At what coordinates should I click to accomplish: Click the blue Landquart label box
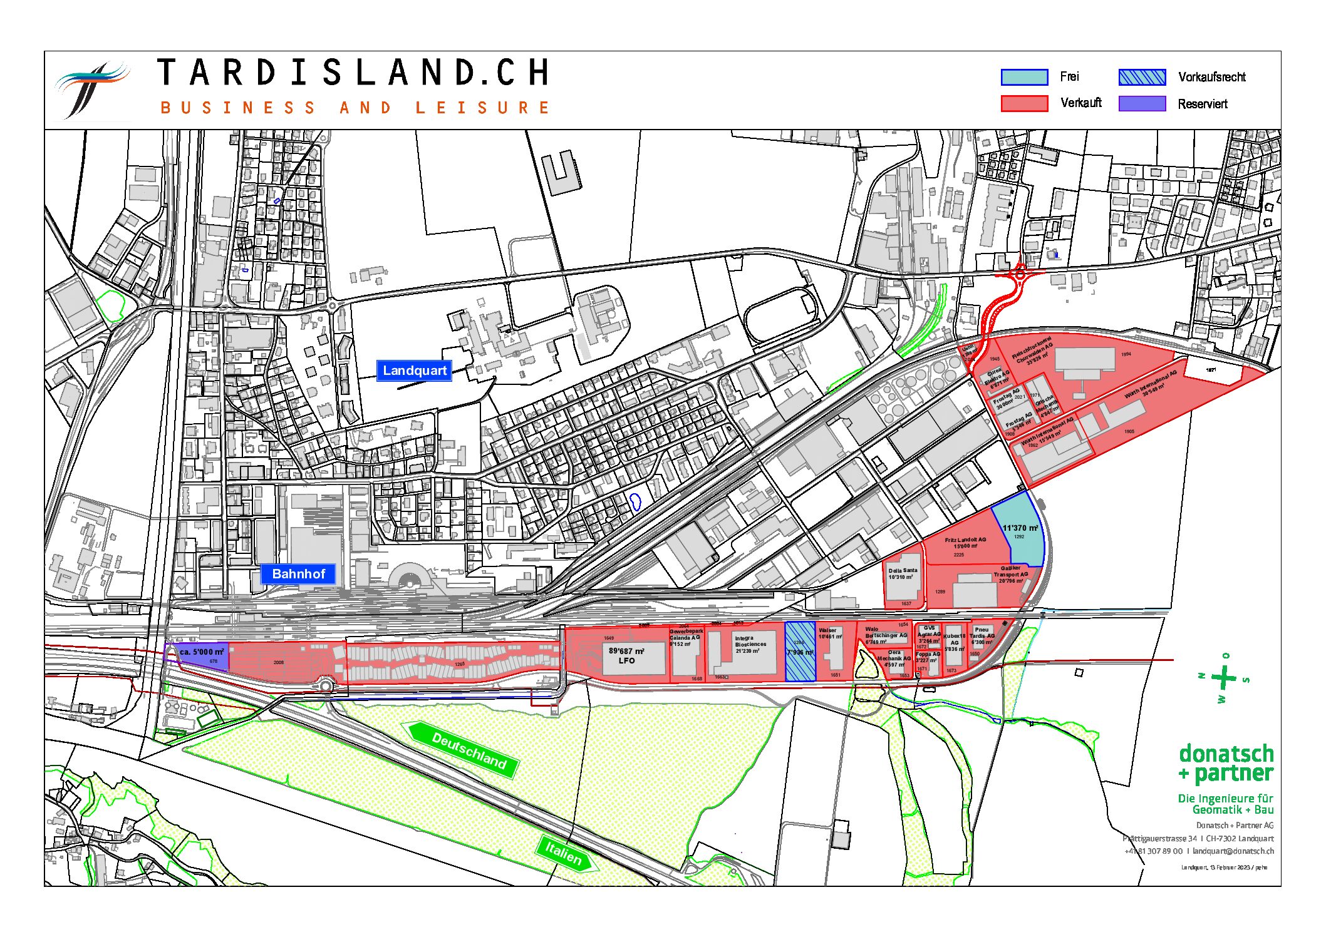(414, 371)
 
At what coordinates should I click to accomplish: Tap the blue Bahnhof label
(298, 573)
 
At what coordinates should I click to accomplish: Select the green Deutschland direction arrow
(464, 749)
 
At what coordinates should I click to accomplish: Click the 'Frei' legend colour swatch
(1024, 77)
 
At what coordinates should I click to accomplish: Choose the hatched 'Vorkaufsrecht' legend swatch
(1142, 77)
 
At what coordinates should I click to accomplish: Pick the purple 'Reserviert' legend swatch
(1142, 103)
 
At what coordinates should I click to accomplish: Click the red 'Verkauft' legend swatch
(1024, 103)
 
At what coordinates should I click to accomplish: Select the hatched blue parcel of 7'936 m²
(800, 652)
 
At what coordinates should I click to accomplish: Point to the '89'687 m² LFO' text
(626, 655)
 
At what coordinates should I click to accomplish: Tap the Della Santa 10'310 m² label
(902, 573)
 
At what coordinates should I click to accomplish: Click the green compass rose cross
(1223, 678)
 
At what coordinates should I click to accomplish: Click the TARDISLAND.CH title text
(353, 73)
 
